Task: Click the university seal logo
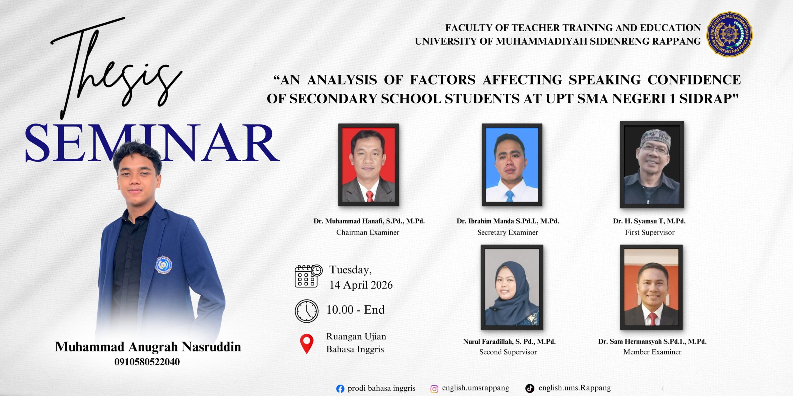pyautogui.click(x=729, y=34)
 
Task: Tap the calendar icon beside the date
pyautogui.click(x=309, y=276)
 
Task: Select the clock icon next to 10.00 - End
pyautogui.click(x=307, y=311)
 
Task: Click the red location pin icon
pyautogui.click(x=307, y=344)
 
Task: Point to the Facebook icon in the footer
pyautogui.click(x=340, y=389)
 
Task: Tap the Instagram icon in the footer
pyautogui.click(x=434, y=389)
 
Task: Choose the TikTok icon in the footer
pyautogui.click(x=530, y=388)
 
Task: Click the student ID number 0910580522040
pyautogui.click(x=147, y=362)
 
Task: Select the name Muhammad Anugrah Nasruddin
pyautogui.click(x=148, y=347)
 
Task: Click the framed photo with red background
pyautogui.click(x=368, y=165)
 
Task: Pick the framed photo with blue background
pyautogui.click(x=512, y=165)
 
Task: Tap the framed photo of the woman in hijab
pyautogui.click(x=512, y=287)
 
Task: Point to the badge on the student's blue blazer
pyautogui.click(x=163, y=265)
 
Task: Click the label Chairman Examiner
pyautogui.click(x=368, y=232)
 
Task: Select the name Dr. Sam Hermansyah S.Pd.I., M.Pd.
pyautogui.click(x=652, y=342)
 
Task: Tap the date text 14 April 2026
pyautogui.click(x=361, y=285)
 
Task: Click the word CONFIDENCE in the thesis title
pyautogui.click(x=694, y=80)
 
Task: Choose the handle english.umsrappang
pyautogui.click(x=475, y=388)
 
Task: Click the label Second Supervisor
pyautogui.click(x=508, y=352)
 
